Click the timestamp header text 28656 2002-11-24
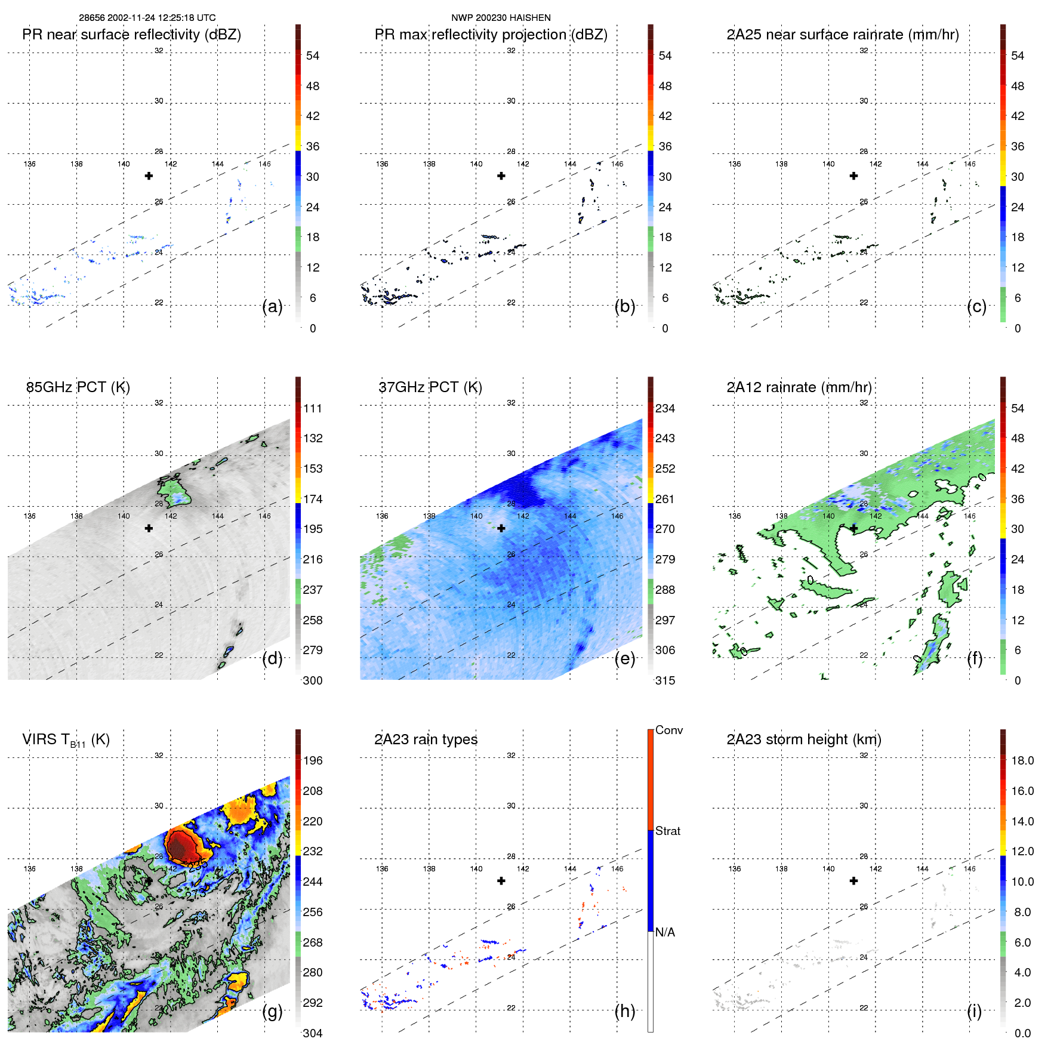pyautogui.click(x=147, y=18)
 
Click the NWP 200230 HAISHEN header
pyautogui.click(x=501, y=18)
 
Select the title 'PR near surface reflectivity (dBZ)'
pyautogui.click(x=131, y=35)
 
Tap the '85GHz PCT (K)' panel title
pyautogui.click(x=78, y=387)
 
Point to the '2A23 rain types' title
pyautogui.click(x=426, y=739)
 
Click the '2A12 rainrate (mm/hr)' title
pyautogui.click(x=799, y=387)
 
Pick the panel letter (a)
pyautogui.click(x=272, y=307)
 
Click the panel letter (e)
pyautogui.click(x=625, y=659)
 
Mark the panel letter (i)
pyautogui.click(x=974, y=1011)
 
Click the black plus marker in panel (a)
pyautogui.click(x=149, y=175)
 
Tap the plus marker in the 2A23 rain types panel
pyautogui.click(x=501, y=880)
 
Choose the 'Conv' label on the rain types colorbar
pyautogui.click(x=668, y=731)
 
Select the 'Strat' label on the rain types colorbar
pyautogui.click(x=667, y=831)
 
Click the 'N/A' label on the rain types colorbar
pyautogui.click(x=665, y=932)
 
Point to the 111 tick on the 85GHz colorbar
pyautogui.click(x=313, y=408)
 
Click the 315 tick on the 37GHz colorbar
pyautogui.click(x=665, y=680)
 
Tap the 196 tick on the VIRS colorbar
pyautogui.click(x=313, y=760)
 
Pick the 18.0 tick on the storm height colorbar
pyautogui.click(x=1022, y=760)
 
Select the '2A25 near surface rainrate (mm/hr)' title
pyautogui.click(x=843, y=35)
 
